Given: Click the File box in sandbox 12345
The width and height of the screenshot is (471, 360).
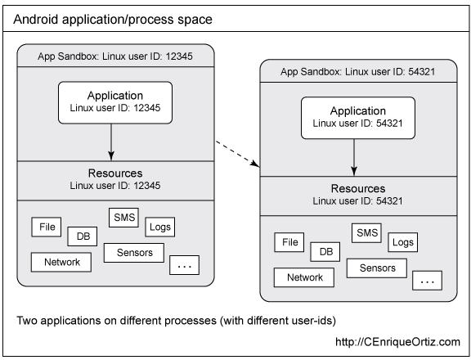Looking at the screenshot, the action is point(47,227).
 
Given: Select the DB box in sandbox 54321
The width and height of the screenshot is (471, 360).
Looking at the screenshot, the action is point(325,252).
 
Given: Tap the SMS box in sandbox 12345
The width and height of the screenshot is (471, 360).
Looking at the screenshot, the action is point(123,218).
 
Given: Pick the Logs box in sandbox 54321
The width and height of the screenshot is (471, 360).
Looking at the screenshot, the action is point(403,242).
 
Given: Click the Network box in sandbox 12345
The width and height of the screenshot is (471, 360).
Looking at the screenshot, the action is point(61,262).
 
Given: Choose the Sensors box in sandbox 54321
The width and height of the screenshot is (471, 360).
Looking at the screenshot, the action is point(377,268).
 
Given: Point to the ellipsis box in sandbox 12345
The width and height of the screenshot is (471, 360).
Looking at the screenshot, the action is point(185,265).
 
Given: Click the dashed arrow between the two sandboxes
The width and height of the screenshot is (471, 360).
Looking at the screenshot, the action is point(238,153).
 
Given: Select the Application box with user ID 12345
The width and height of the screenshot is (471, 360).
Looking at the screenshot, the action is point(115,102).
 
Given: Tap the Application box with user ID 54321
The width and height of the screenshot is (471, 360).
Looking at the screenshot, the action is point(358,118).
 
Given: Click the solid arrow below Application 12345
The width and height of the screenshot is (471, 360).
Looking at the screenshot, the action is point(111,142).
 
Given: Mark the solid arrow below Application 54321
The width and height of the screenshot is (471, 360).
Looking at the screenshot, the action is point(354,157).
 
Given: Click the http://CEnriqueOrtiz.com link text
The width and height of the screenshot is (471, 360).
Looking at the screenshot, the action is point(397,342).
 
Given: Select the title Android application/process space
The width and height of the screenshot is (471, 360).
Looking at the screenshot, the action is point(113,20).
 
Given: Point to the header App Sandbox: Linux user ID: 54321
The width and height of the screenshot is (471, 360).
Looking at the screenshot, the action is point(358,72).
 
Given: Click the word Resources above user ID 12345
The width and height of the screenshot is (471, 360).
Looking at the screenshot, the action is point(115,173).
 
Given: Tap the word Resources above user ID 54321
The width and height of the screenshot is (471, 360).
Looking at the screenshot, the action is point(358,188).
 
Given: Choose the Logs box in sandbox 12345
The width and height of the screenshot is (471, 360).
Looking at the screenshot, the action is point(160,227).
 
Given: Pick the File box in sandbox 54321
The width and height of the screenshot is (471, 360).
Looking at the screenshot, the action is point(289,242).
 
